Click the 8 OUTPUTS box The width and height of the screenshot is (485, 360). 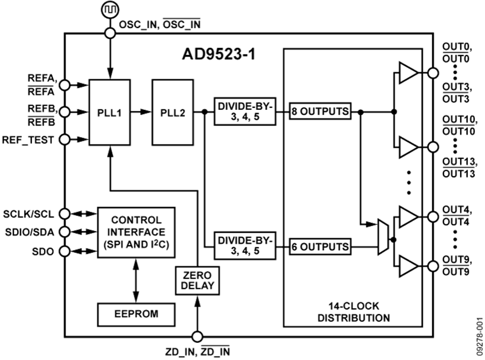[320, 112]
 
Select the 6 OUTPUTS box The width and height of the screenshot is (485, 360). [320, 247]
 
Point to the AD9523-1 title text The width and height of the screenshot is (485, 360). [218, 56]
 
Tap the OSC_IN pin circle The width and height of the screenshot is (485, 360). [110, 33]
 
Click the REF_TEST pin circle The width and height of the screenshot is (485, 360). [65, 140]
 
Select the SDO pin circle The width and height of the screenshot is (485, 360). [65, 251]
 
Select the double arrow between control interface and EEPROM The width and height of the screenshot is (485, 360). [136, 280]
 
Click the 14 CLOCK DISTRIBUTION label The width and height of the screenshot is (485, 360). [353, 313]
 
